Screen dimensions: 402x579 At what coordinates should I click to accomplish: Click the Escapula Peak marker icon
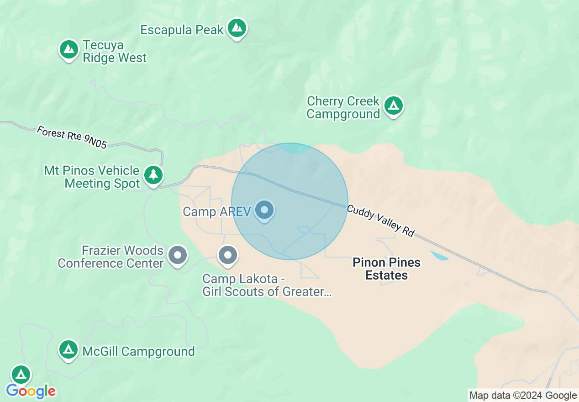pyautogui.click(x=237, y=28)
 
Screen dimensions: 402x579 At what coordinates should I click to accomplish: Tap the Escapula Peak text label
pyautogui.click(x=182, y=30)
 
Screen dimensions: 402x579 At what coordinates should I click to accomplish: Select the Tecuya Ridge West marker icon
pyautogui.click(x=69, y=49)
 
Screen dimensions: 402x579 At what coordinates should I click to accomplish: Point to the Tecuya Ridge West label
pyautogui.click(x=115, y=52)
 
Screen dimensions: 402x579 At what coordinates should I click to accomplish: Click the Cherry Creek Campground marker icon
pyautogui.click(x=393, y=106)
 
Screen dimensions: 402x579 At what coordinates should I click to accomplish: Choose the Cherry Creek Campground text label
pyautogui.click(x=343, y=107)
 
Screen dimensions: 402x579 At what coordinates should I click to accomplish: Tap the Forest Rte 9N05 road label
pyautogui.click(x=72, y=137)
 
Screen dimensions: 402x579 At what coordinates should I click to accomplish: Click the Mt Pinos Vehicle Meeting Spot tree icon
pyautogui.click(x=153, y=175)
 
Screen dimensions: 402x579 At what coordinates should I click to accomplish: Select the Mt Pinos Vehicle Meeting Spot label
pyautogui.click(x=91, y=177)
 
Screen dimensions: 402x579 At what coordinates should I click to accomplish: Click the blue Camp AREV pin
pyautogui.click(x=264, y=210)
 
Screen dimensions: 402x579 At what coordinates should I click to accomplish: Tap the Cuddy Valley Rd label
pyautogui.click(x=380, y=221)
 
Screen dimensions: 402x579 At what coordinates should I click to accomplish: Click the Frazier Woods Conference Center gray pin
pyautogui.click(x=178, y=255)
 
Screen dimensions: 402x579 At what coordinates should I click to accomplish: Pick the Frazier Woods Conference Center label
pyautogui.click(x=111, y=257)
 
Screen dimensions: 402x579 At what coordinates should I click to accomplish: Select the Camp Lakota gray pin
pyautogui.click(x=227, y=255)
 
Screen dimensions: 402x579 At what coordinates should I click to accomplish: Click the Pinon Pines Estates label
pyautogui.click(x=387, y=269)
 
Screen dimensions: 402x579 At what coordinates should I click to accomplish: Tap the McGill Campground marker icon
pyautogui.click(x=69, y=350)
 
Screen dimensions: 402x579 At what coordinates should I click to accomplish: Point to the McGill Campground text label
pyautogui.click(x=138, y=352)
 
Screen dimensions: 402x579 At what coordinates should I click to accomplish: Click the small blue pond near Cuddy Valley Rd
pyautogui.click(x=439, y=255)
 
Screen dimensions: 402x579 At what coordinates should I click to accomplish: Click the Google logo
pyautogui.click(x=31, y=391)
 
